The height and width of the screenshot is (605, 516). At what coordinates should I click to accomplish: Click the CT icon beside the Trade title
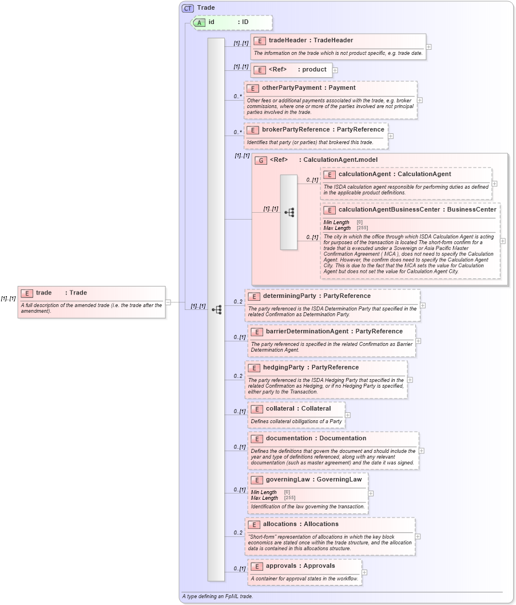pos(188,8)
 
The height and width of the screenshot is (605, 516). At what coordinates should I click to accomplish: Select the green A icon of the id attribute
pos(199,22)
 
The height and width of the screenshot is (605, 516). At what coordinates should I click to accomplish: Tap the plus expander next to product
pos(335,70)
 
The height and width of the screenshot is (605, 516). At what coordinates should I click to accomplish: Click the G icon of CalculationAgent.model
pos(261,160)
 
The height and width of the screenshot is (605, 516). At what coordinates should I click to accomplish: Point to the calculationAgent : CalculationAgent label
pos(395,174)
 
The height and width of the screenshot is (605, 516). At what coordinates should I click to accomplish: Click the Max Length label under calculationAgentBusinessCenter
pos(338,228)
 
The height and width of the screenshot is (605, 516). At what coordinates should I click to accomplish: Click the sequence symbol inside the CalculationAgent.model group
pos(289,212)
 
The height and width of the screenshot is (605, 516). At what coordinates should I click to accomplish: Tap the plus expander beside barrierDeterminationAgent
pos(419,341)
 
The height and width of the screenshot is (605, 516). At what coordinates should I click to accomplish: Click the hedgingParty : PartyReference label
pos(311,368)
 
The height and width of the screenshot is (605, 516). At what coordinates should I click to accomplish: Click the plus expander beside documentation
pos(422,451)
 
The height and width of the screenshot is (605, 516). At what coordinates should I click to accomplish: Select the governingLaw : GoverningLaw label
pos(314,480)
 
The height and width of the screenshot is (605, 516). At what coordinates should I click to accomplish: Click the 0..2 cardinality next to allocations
pos(238,533)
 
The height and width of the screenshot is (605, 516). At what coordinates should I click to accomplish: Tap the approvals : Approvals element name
pos(300,566)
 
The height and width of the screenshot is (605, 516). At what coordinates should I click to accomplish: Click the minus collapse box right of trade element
pos(168,302)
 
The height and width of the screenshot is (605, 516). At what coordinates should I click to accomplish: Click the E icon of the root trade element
pos(26,293)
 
